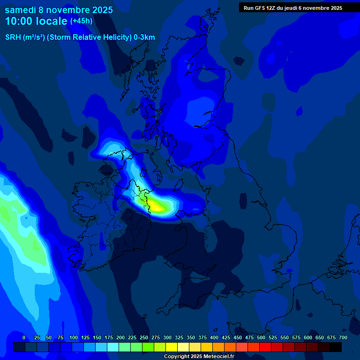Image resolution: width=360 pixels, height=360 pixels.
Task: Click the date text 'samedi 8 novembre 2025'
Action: tap(59, 10)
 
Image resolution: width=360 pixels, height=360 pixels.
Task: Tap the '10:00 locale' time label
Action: tap(36, 21)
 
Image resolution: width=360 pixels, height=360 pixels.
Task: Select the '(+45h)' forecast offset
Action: tap(81, 21)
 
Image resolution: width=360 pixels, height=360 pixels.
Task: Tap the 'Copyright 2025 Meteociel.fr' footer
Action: tap(199, 357)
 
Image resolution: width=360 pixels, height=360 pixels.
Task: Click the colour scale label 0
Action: tap(24, 337)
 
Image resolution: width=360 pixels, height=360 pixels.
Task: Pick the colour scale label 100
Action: tap(74, 337)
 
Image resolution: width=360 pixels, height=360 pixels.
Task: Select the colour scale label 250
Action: tap(144, 337)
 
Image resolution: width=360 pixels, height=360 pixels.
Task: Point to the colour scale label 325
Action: tap(179, 337)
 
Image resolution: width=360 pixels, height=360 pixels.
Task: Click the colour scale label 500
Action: tap(261, 337)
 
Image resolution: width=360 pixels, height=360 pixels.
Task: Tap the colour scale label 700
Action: tap(343, 337)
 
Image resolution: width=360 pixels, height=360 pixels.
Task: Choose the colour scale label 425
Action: tap(226, 337)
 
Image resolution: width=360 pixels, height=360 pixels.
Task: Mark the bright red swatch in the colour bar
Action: tap(265, 347)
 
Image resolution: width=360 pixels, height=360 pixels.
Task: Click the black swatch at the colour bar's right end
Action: tap(336, 347)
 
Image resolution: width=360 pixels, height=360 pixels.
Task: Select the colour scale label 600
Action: tap(308, 337)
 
